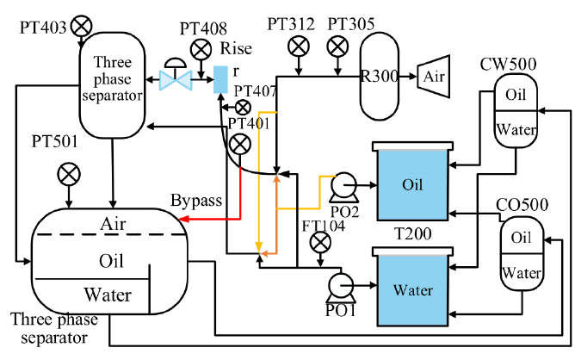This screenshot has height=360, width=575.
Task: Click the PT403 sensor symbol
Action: point(81,26)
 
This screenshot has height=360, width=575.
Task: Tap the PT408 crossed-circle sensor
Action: point(201,49)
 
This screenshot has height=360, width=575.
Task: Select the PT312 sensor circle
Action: point(299,47)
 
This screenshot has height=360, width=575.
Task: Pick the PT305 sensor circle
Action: point(337,47)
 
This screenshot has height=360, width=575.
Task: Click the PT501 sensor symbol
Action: point(69,174)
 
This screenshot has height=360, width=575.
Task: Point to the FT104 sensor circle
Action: point(320,243)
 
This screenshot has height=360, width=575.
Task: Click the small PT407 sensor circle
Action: point(243,108)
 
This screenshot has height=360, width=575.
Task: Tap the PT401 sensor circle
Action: point(240,144)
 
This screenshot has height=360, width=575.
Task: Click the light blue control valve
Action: point(176,76)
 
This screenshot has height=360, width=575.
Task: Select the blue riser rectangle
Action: point(220,79)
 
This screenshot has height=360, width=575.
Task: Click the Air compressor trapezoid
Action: point(434,77)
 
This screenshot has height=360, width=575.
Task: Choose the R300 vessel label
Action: point(380,77)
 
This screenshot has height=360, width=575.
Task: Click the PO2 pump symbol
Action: point(343,187)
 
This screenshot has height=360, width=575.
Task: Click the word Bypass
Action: point(196,201)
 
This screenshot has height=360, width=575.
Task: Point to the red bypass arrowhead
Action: point(183,219)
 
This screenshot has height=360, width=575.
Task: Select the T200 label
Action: point(412,233)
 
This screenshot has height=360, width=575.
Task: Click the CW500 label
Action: point(508,65)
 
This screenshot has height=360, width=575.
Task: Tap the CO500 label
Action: point(522,205)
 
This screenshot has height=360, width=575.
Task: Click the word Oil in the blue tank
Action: point(412,184)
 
